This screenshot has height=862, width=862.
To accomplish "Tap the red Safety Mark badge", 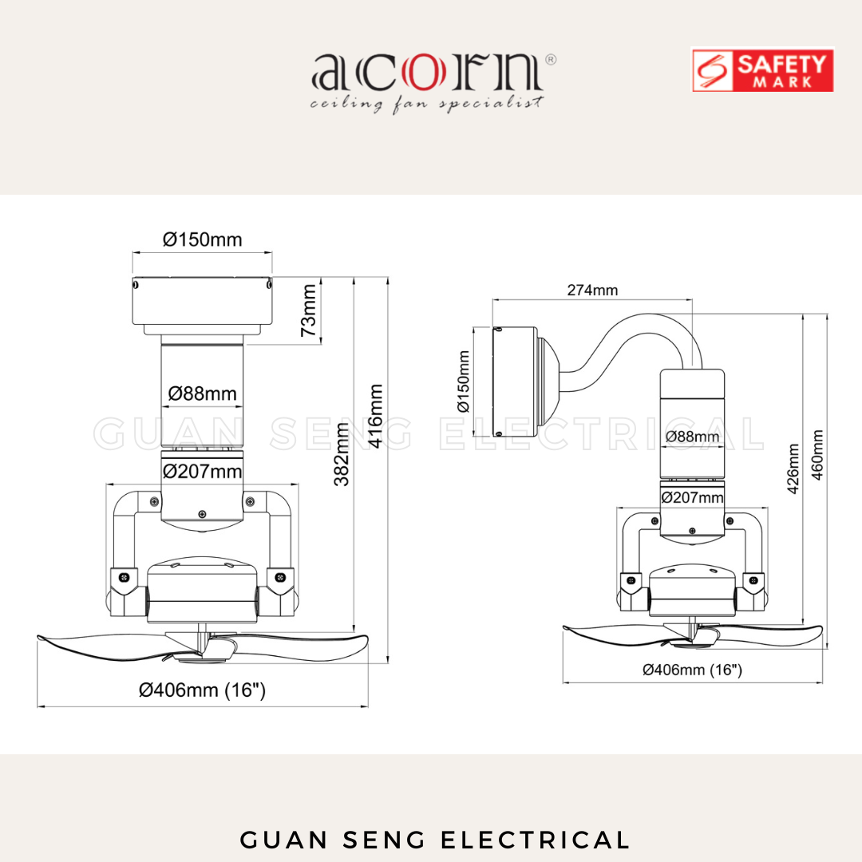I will click(762, 70).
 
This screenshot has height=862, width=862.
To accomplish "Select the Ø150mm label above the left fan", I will click(202, 239).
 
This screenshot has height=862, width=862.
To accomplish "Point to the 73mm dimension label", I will click(310, 310).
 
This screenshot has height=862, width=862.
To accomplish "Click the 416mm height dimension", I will click(376, 416).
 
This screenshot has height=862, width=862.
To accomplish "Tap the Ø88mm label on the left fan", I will click(202, 393).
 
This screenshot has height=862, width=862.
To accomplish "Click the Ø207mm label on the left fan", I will click(202, 472).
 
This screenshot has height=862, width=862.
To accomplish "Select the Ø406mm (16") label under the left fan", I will click(202, 690).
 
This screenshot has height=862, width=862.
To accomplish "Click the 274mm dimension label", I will click(592, 291).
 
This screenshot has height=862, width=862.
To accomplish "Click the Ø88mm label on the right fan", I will click(692, 437).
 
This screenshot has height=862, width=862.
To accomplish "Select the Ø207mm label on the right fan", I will click(692, 498).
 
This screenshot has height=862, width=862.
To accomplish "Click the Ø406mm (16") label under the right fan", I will click(692, 670).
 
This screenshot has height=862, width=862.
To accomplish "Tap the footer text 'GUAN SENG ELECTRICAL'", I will click(435, 840).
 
